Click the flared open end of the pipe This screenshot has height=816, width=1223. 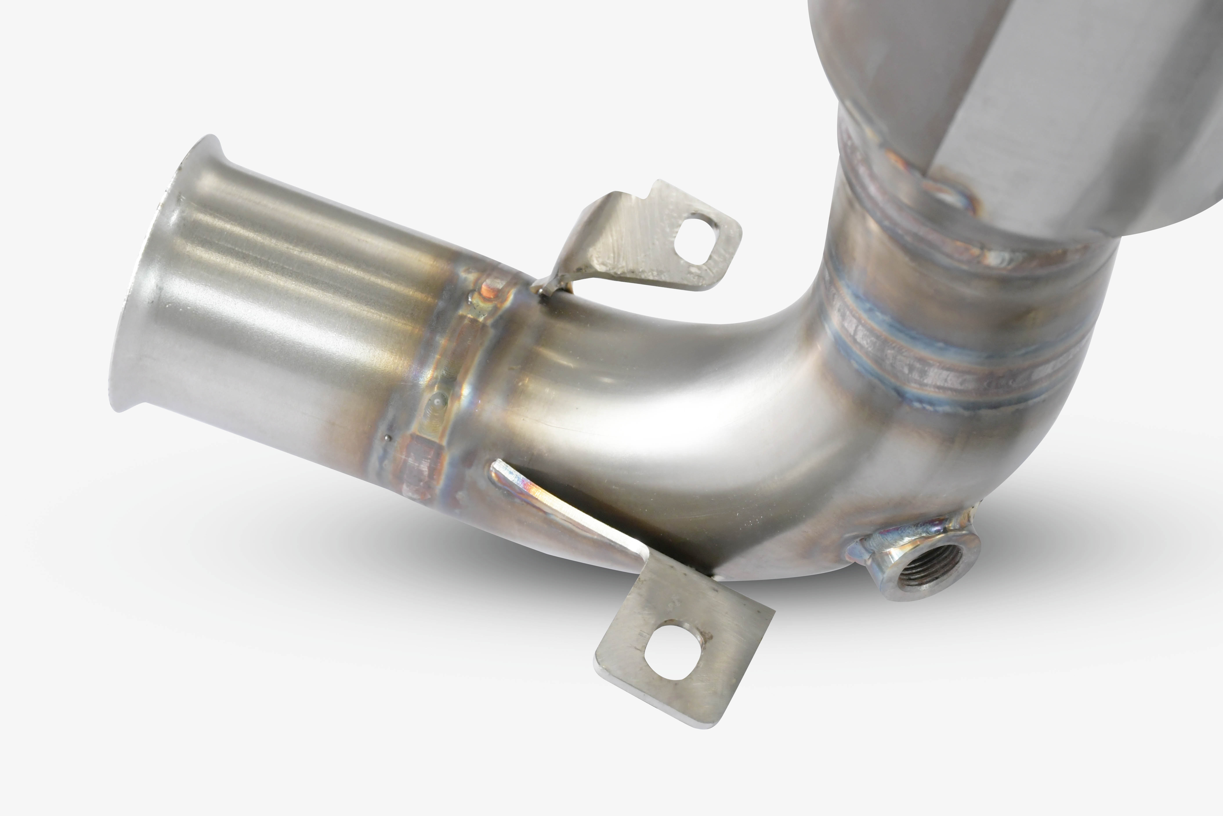point(156,276)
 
